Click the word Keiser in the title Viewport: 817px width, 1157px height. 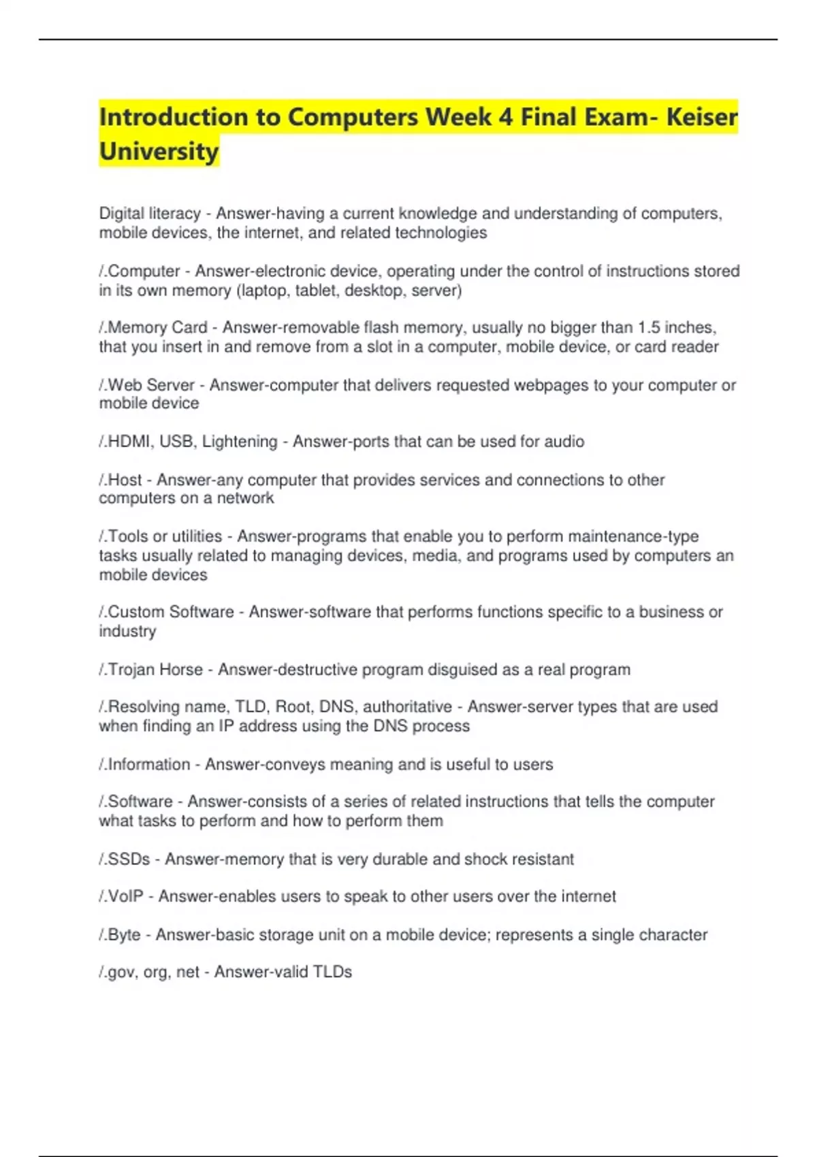pos(701,117)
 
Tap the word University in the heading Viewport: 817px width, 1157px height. pos(159,151)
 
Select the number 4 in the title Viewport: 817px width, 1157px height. pos(505,117)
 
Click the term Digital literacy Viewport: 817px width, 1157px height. pos(150,214)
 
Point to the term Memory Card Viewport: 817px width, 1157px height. pos(157,328)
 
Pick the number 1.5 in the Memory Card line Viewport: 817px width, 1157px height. pos(648,328)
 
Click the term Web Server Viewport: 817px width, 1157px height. pos(151,385)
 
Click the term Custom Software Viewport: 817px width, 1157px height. pos(171,612)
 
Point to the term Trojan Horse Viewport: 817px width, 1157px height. pos(155,670)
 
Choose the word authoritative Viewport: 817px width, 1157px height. pos(407,707)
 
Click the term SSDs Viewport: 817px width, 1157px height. pos(129,860)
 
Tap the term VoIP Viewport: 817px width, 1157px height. pos(126,896)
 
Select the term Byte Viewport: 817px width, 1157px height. pos(125,935)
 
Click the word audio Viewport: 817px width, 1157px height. pos(563,442)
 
